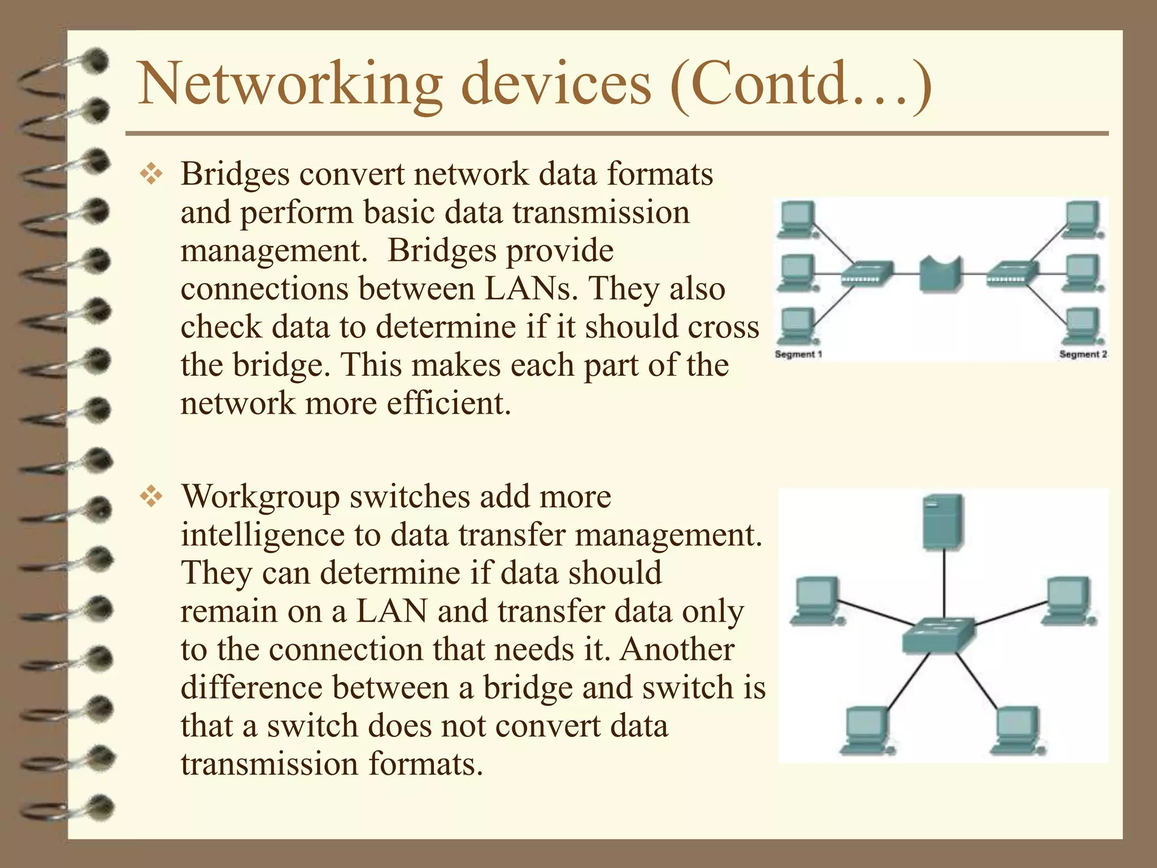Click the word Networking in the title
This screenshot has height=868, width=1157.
click(289, 85)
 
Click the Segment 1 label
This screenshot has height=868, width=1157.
click(798, 354)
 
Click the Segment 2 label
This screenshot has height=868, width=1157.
click(1082, 354)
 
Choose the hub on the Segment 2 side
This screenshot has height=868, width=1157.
click(1012, 274)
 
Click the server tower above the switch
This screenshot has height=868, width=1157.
click(942, 522)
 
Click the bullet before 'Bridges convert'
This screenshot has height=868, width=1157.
click(151, 175)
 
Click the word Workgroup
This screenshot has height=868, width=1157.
click(260, 497)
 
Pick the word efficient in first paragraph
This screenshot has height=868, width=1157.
click(449, 403)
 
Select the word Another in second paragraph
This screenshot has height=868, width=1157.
click(677, 649)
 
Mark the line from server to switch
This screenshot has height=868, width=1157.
click(942, 582)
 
